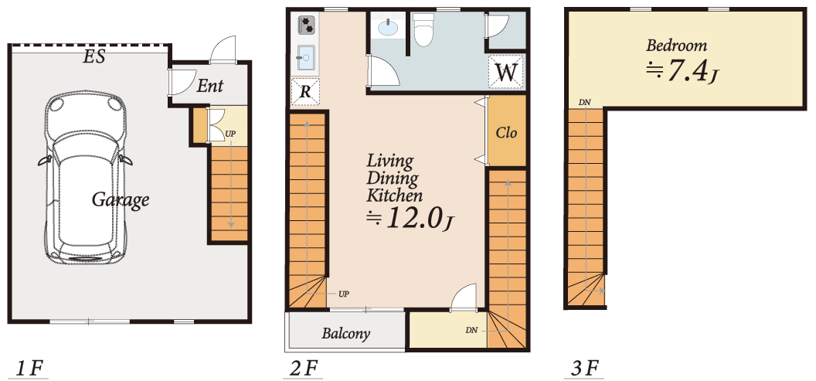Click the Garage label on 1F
[x=121, y=200]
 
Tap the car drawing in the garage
[x=85, y=178]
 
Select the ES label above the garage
[x=94, y=56]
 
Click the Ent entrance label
[x=209, y=86]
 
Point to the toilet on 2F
[x=422, y=29]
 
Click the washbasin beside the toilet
[x=387, y=28]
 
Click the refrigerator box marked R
[x=305, y=92]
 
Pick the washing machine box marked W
[x=506, y=72]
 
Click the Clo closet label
[x=506, y=133]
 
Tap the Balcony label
[x=345, y=333]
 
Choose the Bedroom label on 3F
[x=677, y=46]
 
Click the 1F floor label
[x=29, y=369]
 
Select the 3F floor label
[x=585, y=369]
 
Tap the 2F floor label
[x=303, y=369]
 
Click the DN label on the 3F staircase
[x=584, y=102]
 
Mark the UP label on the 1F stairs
[x=230, y=134]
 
